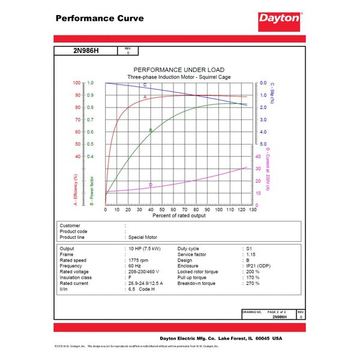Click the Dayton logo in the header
pyautogui.click(x=279, y=18)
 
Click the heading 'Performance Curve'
pyautogui.click(x=100, y=18)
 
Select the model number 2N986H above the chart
pyautogui.click(x=85, y=52)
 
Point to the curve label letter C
pyautogui.click(x=145, y=86)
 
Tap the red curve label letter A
pyautogui.click(x=145, y=97)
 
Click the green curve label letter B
pyautogui.click(x=150, y=130)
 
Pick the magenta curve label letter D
pyautogui.click(x=150, y=185)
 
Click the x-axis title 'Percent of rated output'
pyautogui.click(x=179, y=215)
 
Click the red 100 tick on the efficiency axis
pyautogui.click(x=77, y=83)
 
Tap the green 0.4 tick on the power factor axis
pyautogui.click(x=91, y=157)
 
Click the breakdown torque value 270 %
pyautogui.click(x=253, y=283)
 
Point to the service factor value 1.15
pyautogui.click(x=251, y=254)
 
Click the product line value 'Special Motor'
pyautogui.click(x=146, y=237)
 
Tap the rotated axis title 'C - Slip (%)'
pyautogui.click(x=272, y=96)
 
